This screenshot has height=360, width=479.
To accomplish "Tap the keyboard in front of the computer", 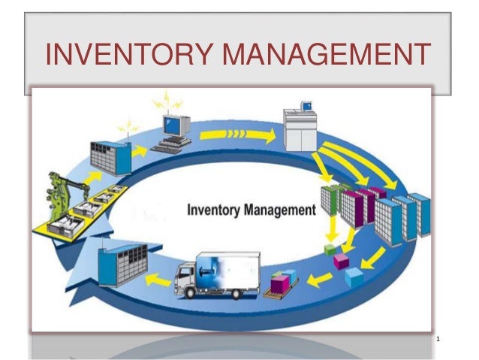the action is click(x=170, y=146).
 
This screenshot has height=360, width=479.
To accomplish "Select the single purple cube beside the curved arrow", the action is click(x=342, y=262).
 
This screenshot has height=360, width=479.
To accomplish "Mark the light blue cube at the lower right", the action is click(x=354, y=277).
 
